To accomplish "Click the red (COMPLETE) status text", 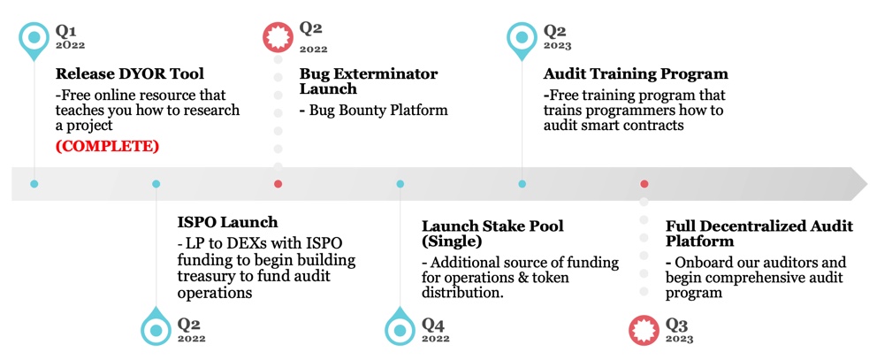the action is click(x=107, y=147).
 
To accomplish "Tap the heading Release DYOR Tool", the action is click(x=129, y=73).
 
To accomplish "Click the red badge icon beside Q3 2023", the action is click(x=644, y=331).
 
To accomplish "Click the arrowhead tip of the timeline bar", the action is click(x=868, y=184).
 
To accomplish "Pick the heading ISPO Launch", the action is click(x=227, y=222).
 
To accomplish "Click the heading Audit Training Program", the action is click(x=636, y=74).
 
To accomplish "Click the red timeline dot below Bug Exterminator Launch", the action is click(x=278, y=184).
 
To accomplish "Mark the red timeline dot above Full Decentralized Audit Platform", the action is click(x=644, y=184).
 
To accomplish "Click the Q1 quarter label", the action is click(x=65, y=30).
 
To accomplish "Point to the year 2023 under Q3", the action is click(x=679, y=339).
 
